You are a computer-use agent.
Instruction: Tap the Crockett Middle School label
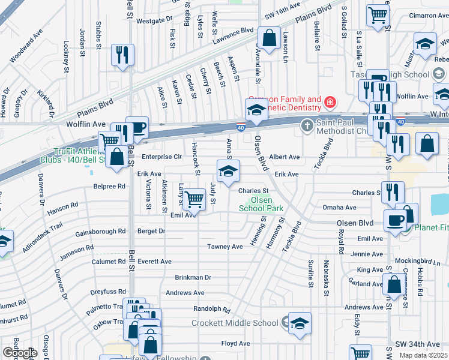[235, 323]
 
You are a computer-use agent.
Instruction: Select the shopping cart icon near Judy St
[194, 199]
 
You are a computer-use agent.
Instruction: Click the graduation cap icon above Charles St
[228, 172]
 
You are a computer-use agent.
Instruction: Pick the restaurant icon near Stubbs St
[122, 55]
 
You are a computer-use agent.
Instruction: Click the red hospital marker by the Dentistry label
[330, 103]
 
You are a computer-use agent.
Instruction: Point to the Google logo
[20, 353]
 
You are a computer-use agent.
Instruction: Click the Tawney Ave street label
[224, 247]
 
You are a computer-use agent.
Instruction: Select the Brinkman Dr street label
[193, 278]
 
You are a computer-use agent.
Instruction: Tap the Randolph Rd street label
[211, 310]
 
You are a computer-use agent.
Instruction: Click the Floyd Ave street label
[235, 344]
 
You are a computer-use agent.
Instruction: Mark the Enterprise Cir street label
[161, 157]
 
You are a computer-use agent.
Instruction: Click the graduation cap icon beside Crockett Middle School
[300, 323]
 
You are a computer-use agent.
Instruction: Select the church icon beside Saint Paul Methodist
[307, 125]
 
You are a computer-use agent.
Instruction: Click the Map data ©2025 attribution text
[423, 355]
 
